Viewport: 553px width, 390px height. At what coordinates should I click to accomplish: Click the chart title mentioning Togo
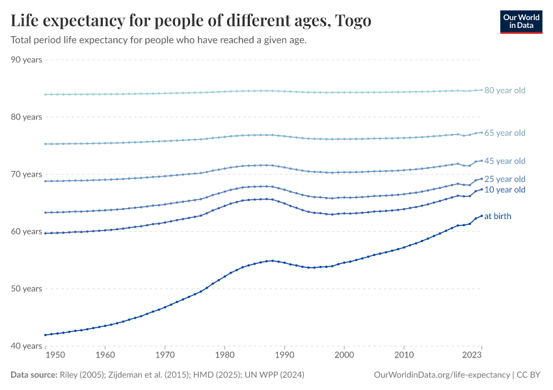pyautogui.click(x=191, y=21)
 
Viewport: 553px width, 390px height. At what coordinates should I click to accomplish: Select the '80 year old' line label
pyautogui.click(x=504, y=90)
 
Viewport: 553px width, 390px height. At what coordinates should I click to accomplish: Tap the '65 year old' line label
pyautogui.click(x=504, y=133)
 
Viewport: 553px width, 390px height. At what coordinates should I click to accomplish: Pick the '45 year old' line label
pyautogui.click(x=504, y=161)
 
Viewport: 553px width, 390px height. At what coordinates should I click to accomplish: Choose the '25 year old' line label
pyautogui.click(x=504, y=179)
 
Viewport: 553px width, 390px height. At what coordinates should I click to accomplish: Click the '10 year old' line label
pyautogui.click(x=504, y=190)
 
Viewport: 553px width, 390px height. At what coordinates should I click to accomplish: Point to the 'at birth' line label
pyautogui.click(x=498, y=216)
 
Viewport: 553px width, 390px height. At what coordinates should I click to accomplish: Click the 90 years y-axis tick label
pyautogui.click(x=27, y=60)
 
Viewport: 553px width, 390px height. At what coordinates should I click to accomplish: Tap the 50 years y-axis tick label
pyautogui.click(x=27, y=289)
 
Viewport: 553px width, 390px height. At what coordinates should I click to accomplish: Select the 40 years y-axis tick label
pyautogui.click(x=27, y=346)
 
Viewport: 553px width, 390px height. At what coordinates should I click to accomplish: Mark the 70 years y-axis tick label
pyautogui.click(x=27, y=174)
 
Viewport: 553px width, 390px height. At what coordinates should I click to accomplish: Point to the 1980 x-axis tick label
pyautogui.click(x=224, y=356)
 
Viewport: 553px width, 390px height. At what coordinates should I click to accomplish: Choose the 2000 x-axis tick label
pyautogui.click(x=344, y=356)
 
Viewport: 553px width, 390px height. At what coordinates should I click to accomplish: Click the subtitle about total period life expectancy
pyautogui.click(x=158, y=40)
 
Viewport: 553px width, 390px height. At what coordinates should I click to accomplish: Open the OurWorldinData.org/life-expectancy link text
pyautogui.click(x=442, y=375)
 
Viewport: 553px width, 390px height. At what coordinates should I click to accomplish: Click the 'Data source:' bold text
pyautogui.click(x=33, y=375)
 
